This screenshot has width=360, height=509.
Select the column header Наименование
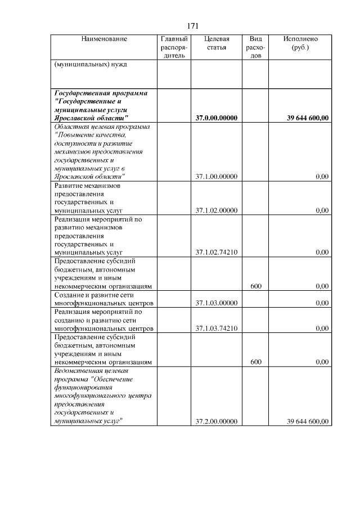pos(104,39)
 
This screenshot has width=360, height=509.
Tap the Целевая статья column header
pos(217,43)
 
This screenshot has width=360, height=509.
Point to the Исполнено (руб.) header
pos(300,43)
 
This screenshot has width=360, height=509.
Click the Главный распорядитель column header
pos(173,48)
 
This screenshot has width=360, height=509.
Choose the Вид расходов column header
pos(255,48)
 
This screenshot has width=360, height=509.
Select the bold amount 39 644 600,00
pos(308,118)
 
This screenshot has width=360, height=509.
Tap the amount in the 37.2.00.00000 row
pos(308,421)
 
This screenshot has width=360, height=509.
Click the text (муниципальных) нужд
pos(90,64)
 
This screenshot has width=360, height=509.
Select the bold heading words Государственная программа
pos(105,92)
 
